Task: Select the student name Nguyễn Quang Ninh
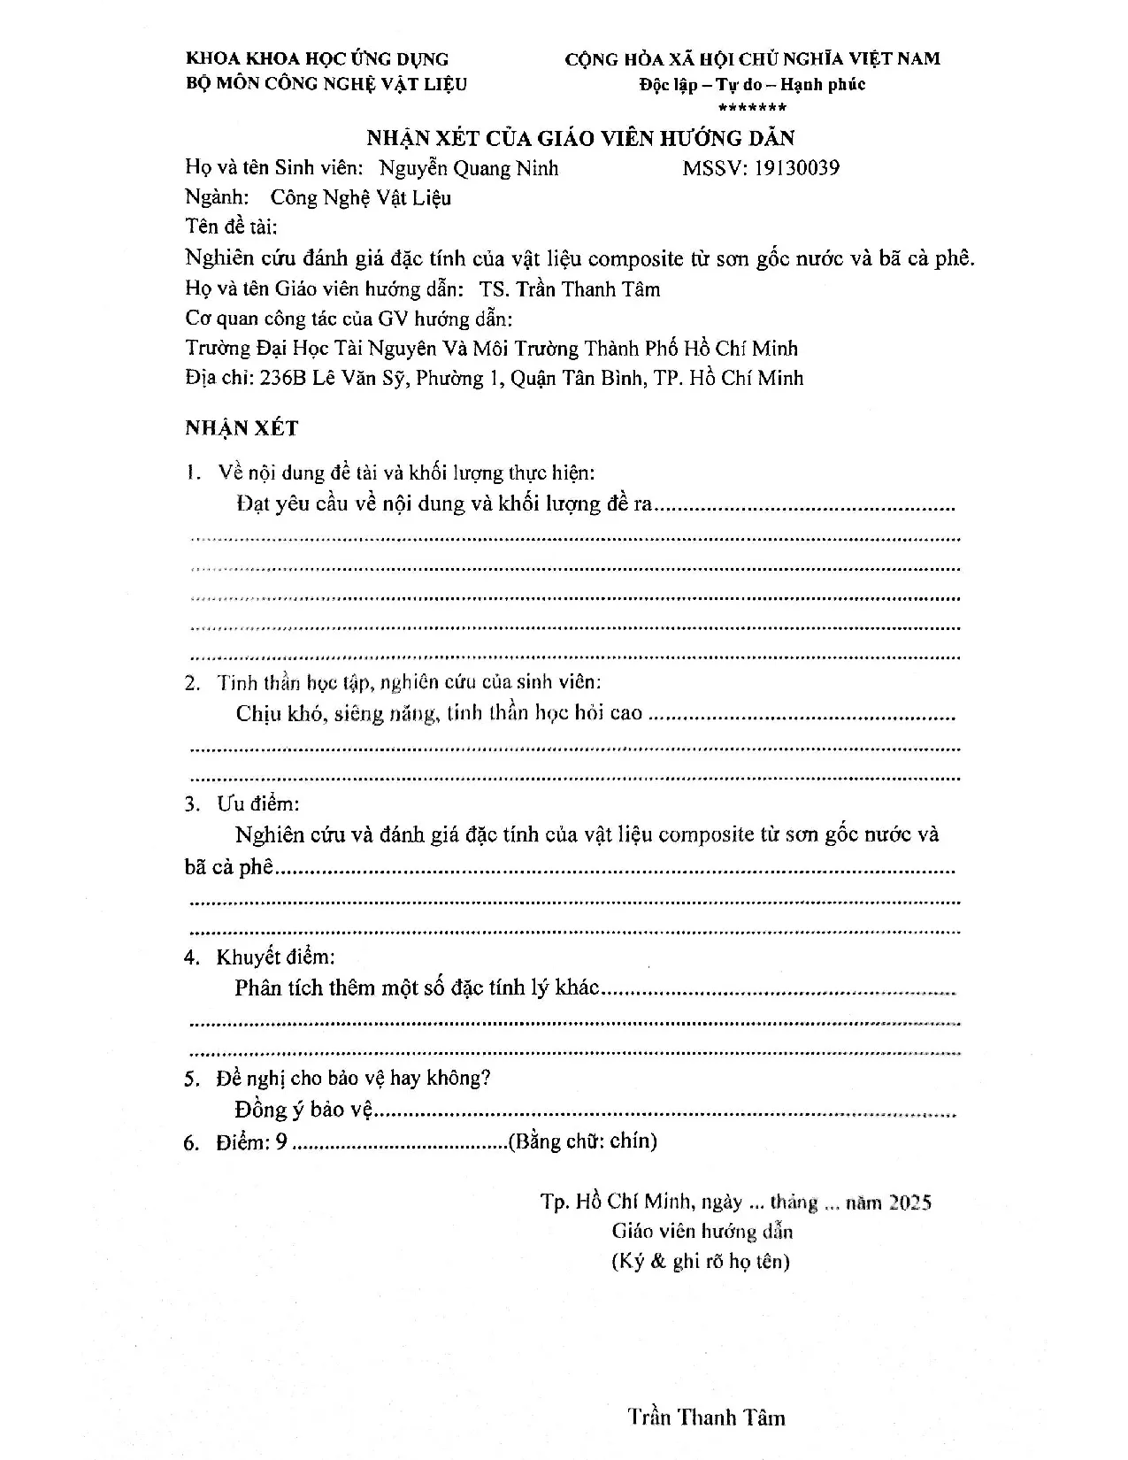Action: (469, 168)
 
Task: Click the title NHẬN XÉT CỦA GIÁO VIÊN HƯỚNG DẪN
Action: (581, 138)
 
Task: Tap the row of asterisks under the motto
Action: (752, 108)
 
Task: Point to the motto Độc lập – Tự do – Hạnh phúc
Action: (752, 85)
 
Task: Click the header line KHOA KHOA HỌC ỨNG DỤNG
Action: (318, 59)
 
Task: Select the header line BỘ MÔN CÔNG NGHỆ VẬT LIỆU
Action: (326, 84)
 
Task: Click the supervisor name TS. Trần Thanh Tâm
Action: (570, 289)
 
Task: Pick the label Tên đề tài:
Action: (231, 227)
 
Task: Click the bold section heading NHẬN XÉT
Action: (242, 428)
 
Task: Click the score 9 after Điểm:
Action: (281, 1142)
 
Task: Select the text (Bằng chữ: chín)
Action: (582, 1141)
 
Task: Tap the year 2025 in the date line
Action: (910, 1203)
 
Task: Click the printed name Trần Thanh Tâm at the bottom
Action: (707, 1418)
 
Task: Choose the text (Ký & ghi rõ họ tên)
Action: (701, 1262)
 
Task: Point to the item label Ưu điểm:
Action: (258, 804)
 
